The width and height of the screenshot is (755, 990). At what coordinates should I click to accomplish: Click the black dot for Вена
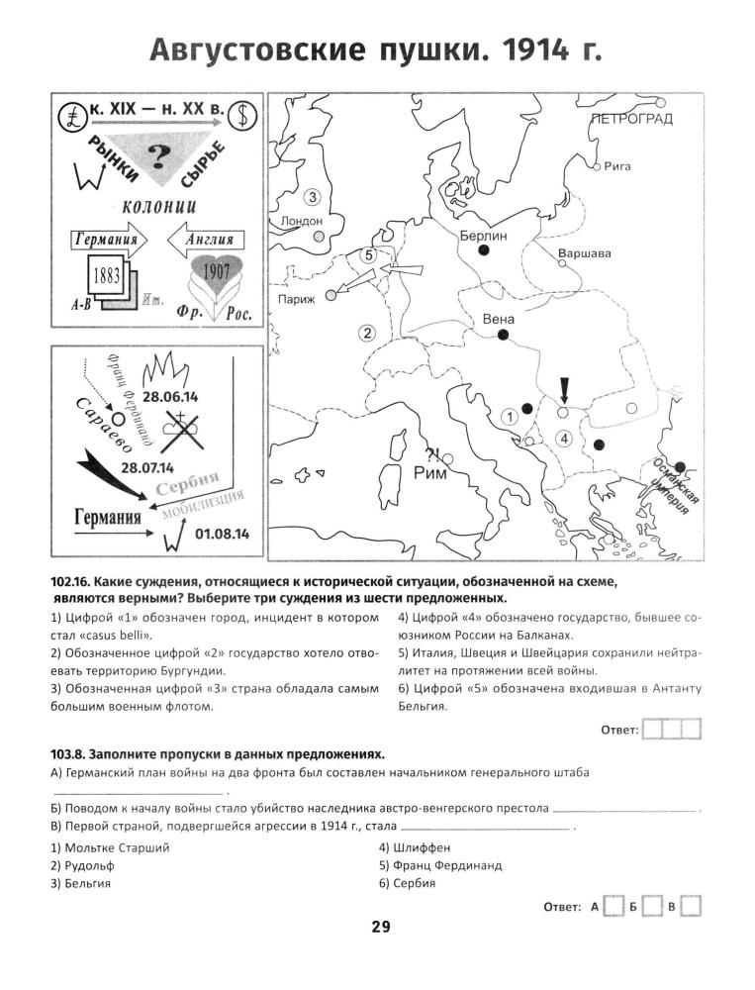coord(503,336)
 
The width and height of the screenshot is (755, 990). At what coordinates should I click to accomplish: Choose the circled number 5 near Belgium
coord(368,255)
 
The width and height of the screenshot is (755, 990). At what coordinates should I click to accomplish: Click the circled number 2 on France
coord(367,333)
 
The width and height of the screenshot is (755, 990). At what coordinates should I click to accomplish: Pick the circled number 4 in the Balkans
coord(564,437)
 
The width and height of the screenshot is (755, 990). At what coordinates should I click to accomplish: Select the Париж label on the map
coord(297,299)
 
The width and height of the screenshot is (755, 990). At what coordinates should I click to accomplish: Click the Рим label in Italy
coord(430,473)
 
